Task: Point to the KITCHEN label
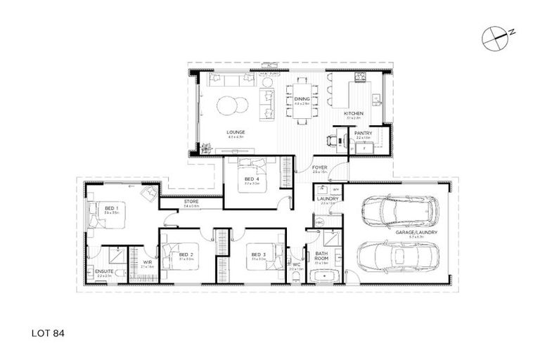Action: [x=353, y=113]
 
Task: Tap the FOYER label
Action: [x=321, y=167]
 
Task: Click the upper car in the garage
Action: [x=398, y=210]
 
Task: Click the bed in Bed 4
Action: [x=249, y=171]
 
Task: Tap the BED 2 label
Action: [x=186, y=255]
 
